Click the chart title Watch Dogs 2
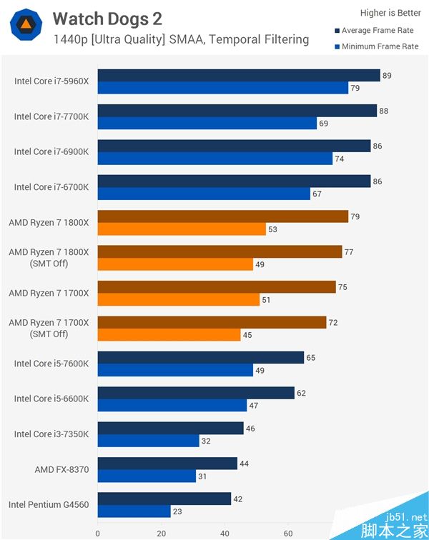pyautogui.click(x=107, y=19)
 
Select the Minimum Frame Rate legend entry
pyautogui.click(x=380, y=46)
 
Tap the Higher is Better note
pyautogui.click(x=390, y=13)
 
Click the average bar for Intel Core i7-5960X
pyautogui.click(x=238, y=76)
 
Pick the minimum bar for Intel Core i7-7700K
pyautogui.click(x=207, y=124)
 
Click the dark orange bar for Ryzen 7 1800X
pyautogui.click(x=222, y=216)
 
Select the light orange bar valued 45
pyautogui.click(x=169, y=335)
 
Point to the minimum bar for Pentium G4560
pyautogui.click(x=134, y=511)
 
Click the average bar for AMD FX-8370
pyautogui.click(x=167, y=464)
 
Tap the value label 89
pyautogui.click(x=387, y=76)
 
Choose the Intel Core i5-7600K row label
pyautogui.click(x=51, y=364)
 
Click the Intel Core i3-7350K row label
pyautogui.click(x=51, y=434)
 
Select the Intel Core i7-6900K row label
pyautogui.click(x=51, y=151)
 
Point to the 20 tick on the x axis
pyautogui.click(x=162, y=533)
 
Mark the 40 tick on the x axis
pyautogui.click(x=225, y=533)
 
